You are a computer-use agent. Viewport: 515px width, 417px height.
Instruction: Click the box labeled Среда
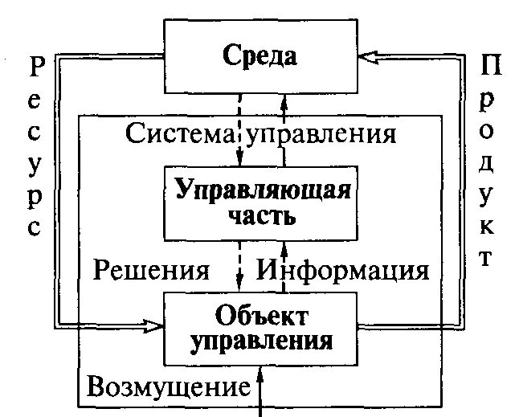coord(260,56)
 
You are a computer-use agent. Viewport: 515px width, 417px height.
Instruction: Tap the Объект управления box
coord(260,327)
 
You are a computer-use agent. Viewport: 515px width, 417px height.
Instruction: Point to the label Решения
coord(152,270)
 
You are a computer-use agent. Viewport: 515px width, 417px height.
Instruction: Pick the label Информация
coord(343,270)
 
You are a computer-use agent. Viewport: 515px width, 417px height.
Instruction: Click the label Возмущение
coord(168,387)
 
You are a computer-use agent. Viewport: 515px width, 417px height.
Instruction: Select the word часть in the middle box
coord(261,218)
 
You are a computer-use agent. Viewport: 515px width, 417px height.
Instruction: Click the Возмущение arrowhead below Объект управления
coord(261,375)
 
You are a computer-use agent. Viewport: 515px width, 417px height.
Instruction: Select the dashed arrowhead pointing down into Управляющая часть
coord(239,159)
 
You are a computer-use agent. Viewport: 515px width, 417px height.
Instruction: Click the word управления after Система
coord(322,133)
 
